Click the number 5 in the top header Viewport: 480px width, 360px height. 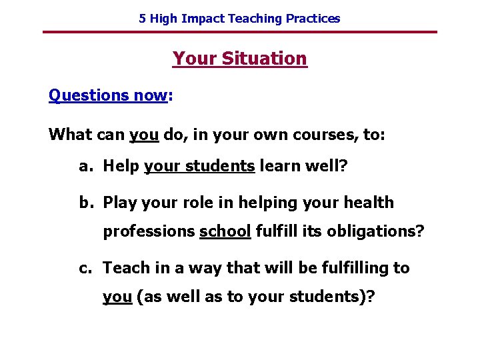click(142, 19)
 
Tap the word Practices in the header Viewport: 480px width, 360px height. click(313, 19)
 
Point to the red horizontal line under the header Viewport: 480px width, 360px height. click(240, 32)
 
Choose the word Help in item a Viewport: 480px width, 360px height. click(121, 167)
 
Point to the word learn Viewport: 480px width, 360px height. click(279, 167)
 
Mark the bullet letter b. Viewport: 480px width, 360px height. click(85, 203)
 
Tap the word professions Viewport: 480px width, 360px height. click(148, 232)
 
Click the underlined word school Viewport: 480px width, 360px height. click(225, 232)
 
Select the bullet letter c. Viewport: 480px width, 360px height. click(85, 268)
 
